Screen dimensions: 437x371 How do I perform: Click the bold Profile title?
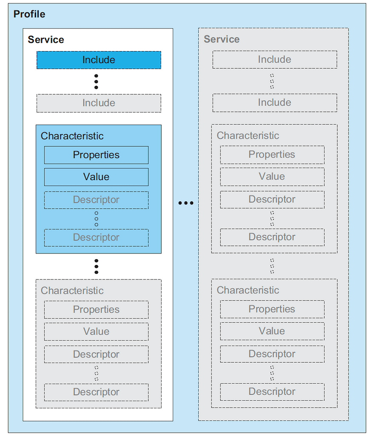click(x=29, y=14)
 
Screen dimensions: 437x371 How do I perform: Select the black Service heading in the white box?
click(x=46, y=40)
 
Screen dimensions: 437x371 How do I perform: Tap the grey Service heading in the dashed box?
click(x=221, y=39)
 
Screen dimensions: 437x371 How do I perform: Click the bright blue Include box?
click(x=99, y=60)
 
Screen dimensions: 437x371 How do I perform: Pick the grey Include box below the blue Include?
click(x=99, y=103)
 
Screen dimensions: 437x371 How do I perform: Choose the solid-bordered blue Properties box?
click(x=96, y=155)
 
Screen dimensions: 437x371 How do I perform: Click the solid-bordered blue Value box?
click(x=96, y=177)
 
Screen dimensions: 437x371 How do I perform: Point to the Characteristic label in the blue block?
click(x=72, y=136)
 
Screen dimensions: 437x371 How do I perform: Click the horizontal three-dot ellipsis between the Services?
click(x=185, y=203)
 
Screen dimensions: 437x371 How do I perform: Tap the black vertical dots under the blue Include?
click(x=96, y=81)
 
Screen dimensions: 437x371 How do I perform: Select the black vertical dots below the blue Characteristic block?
click(x=96, y=266)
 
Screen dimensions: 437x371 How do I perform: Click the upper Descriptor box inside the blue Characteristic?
click(x=96, y=200)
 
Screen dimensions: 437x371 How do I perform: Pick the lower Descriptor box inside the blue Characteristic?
click(x=96, y=238)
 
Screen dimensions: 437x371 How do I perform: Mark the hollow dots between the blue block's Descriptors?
click(x=96, y=218)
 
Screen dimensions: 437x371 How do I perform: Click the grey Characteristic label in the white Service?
click(x=72, y=291)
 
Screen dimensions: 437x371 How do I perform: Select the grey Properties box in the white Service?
click(x=96, y=309)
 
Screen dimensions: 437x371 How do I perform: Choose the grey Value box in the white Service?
click(x=96, y=332)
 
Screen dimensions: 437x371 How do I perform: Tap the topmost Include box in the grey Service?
click(x=275, y=60)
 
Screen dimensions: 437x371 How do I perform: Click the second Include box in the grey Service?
click(x=275, y=103)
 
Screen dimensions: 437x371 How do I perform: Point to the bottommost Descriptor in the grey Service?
click(x=272, y=392)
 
